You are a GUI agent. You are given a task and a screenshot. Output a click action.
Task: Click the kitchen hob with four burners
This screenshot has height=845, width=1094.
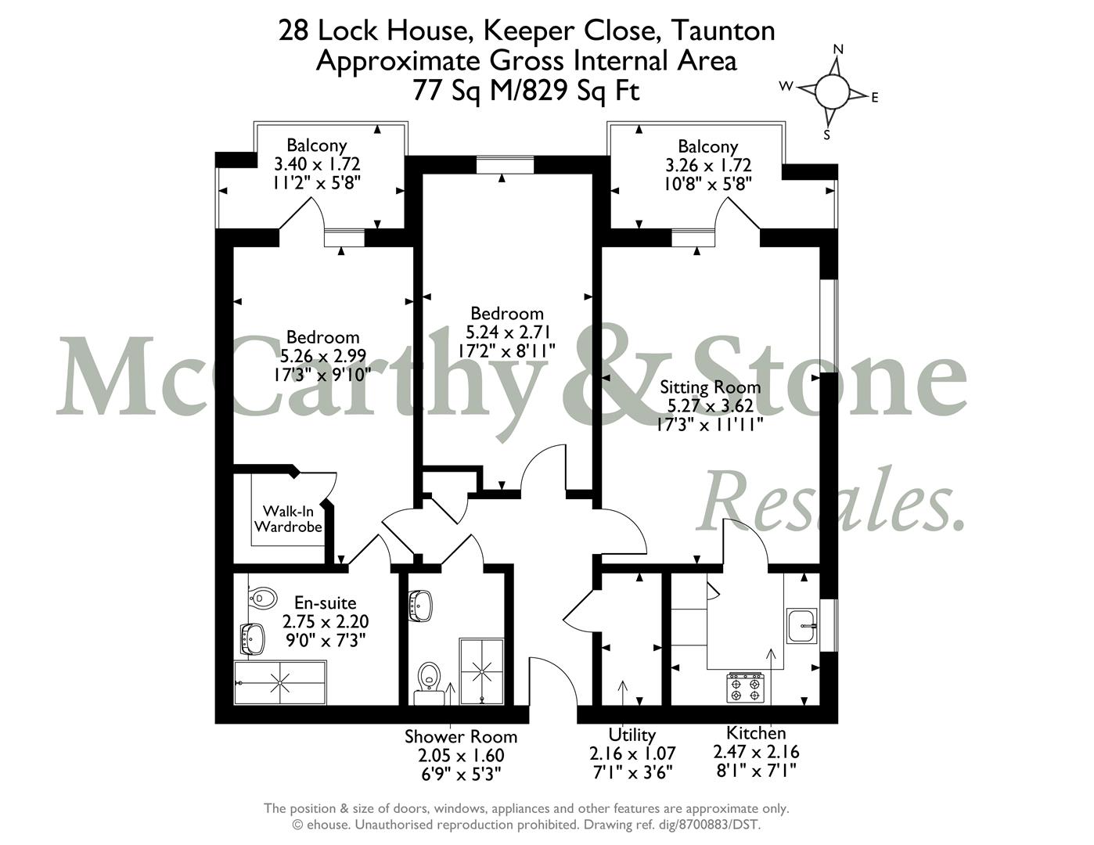point(745,688)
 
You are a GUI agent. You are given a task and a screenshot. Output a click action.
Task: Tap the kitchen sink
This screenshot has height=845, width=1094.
point(802,626)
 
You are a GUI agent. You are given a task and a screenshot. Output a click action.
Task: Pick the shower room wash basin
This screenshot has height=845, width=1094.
point(420,606)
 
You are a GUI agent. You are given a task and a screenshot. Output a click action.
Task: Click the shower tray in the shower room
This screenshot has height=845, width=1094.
point(481,671)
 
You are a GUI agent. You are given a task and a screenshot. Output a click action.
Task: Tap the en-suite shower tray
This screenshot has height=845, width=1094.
point(280,682)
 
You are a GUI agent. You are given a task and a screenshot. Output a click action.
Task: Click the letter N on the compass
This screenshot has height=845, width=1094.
point(839,49)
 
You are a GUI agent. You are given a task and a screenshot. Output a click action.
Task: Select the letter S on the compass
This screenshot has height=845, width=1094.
point(826,135)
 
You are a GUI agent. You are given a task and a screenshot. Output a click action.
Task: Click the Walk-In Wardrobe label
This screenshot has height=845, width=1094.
point(288,519)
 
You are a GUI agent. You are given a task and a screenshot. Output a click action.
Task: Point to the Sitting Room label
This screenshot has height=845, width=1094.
point(710,387)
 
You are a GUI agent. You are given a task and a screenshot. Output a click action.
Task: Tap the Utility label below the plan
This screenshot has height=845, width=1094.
point(632,734)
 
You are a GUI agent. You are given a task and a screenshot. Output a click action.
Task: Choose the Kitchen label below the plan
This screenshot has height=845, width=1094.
point(756,732)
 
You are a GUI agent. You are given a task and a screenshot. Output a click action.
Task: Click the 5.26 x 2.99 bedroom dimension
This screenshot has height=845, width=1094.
point(322,356)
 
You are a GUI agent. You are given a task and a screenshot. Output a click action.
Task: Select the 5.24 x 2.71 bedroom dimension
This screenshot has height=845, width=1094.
point(507,333)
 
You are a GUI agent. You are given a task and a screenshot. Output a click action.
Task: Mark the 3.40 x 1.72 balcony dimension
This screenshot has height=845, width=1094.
point(317,164)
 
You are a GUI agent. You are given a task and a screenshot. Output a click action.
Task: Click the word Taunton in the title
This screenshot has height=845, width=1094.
point(723,31)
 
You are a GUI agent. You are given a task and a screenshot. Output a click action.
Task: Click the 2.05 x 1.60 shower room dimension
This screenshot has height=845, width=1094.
point(461,755)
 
